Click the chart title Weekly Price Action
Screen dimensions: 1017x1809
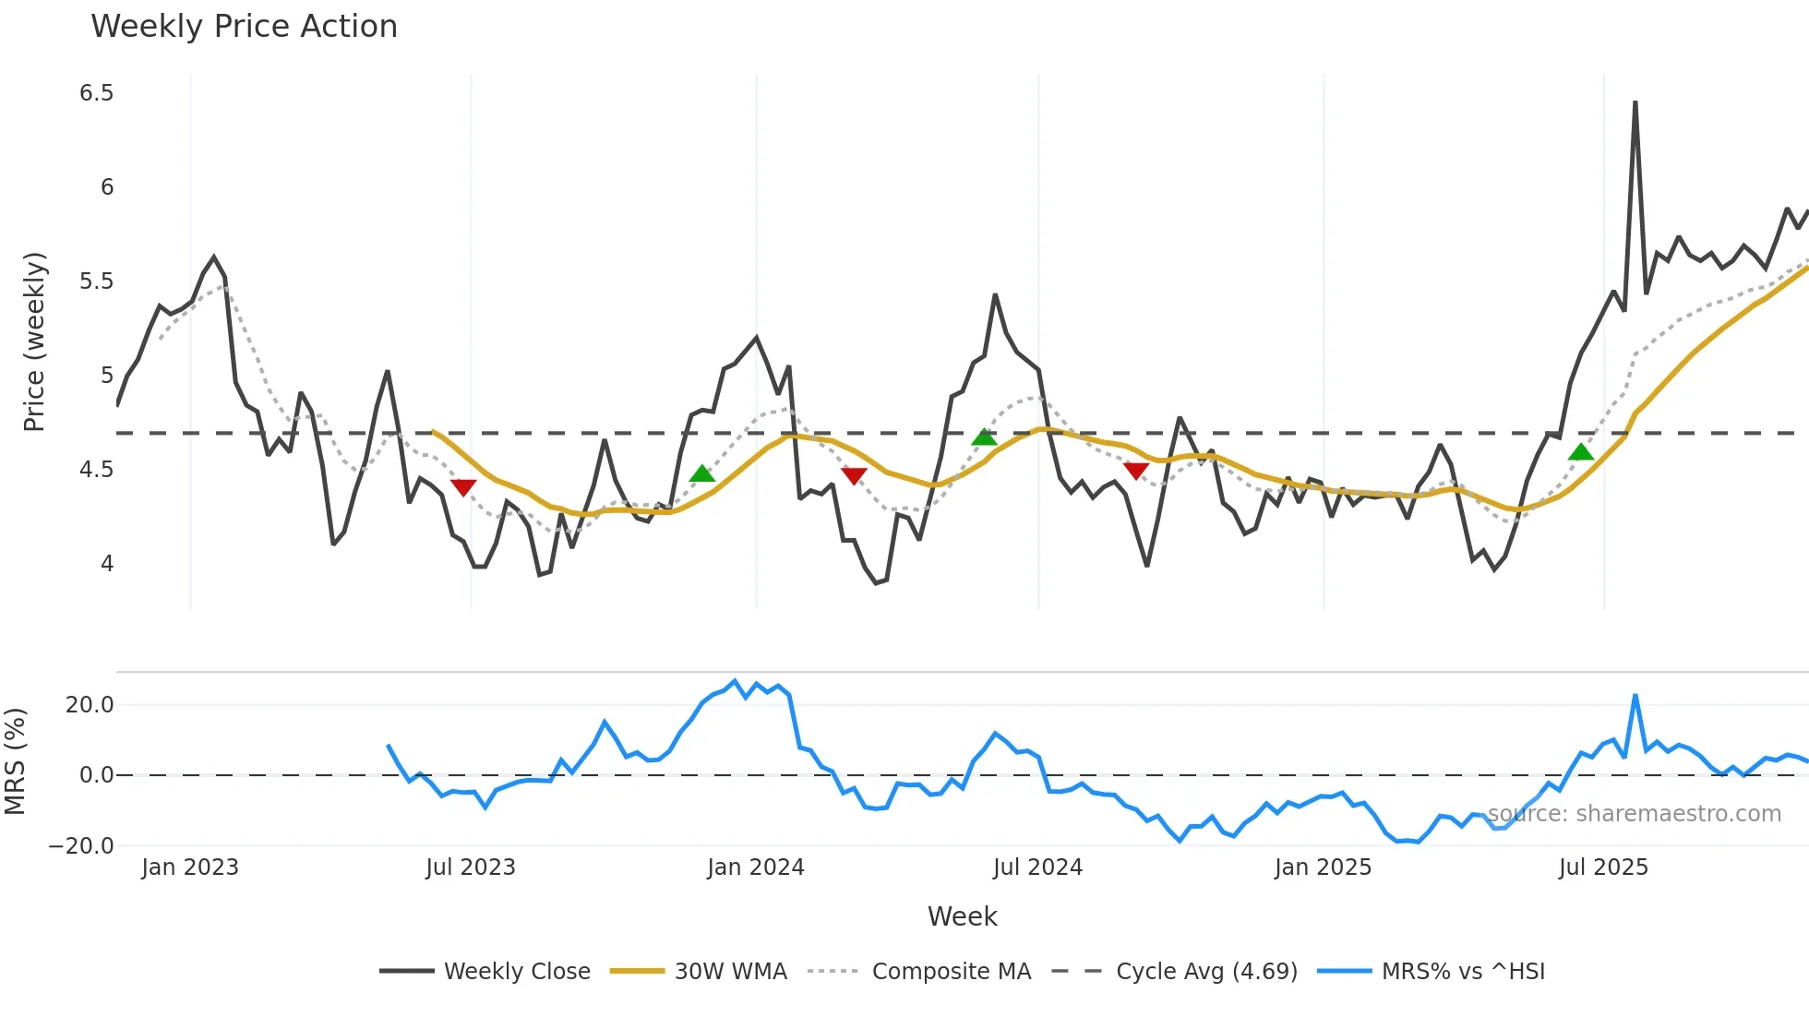pyautogui.click(x=244, y=27)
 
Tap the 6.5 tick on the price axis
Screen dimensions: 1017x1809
pyautogui.click(x=96, y=93)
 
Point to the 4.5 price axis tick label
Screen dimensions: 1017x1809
pyautogui.click(x=96, y=470)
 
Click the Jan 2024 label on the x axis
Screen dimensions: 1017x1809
pyautogui.click(x=755, y=867)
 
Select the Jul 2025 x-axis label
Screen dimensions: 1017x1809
pyautogui.click(x=1602, y=867)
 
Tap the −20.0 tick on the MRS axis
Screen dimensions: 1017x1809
pyautogui.click(x=81, y=846)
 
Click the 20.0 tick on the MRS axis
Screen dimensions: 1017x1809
pyautogui.click(x=89, y=705)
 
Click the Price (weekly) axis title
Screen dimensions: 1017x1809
pyautogui.click(x=34, y=341)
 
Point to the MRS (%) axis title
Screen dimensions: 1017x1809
pyautogui.click(x=16, y=761)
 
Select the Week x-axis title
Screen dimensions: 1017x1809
pyautogui.click(x=962, y=916)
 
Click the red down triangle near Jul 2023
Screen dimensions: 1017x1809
pyautogui.click(x=463, y=487)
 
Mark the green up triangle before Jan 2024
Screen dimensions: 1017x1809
pyautogui.click(x=702, y=474)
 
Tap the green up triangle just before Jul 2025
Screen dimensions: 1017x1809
pyautogui.click(x=1581, y=452)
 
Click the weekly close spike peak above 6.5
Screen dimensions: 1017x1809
pyautogui.click(x=1635, y=102)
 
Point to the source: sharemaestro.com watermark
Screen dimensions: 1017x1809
pyautogui.click(x=1634, y=814)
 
